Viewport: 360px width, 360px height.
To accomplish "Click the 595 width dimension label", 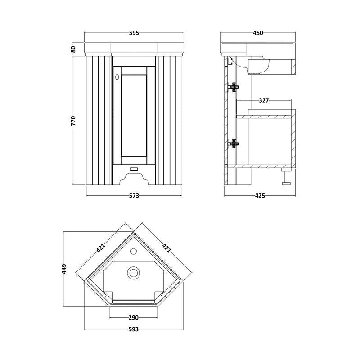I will click(134, 33).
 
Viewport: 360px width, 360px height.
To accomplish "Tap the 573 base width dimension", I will click(134, 196).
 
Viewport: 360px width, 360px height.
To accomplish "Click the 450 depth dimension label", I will click(257, 33).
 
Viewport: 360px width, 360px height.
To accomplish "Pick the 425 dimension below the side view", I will click(260, 196).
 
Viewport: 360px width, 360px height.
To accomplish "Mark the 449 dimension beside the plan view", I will click(64, 269).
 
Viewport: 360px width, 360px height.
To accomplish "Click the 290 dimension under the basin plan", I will click(133, 318).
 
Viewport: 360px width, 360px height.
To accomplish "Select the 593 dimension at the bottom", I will click(133, 329).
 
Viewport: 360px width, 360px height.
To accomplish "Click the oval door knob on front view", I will click(117, 77).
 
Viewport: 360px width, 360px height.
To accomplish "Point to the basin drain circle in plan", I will click(134, 272).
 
